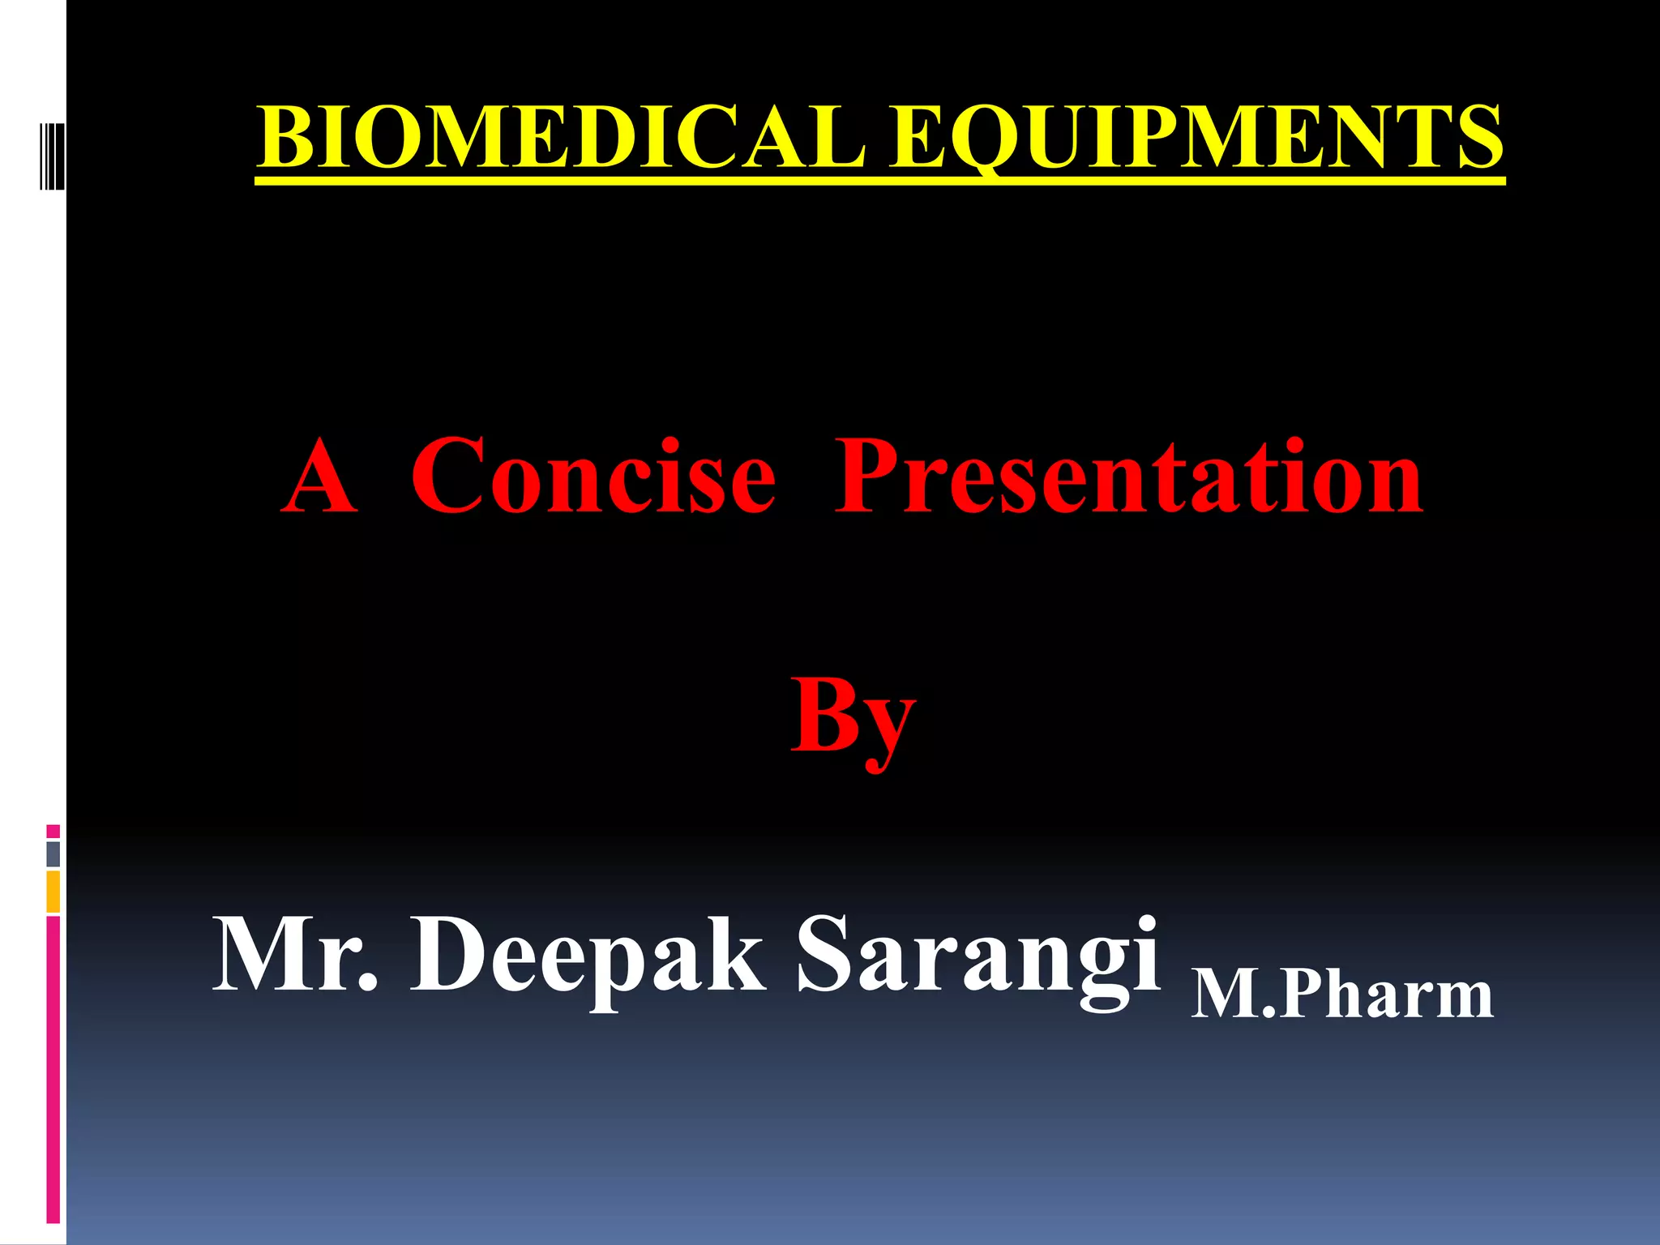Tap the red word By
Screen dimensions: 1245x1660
[x=853, y=717]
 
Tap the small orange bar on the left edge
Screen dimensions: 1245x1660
[x=53, y=891]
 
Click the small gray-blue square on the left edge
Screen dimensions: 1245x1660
[x=53, y=854]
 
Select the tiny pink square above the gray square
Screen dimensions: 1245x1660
[x=53, y=831]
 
